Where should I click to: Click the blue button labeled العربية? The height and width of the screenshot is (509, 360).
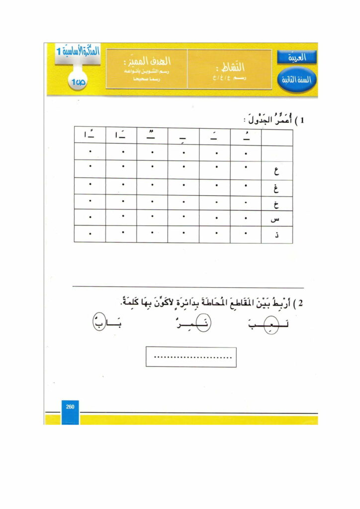point(297,57)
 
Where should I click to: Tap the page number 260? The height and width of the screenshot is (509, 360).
point(70,407)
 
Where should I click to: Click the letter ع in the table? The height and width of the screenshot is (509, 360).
point(277,172)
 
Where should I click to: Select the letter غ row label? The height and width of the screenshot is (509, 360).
point(277,188)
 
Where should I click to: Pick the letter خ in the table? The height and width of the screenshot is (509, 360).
point(277,205)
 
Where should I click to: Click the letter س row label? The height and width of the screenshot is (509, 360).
point(277,219)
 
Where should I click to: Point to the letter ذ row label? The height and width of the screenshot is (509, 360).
point(277,235)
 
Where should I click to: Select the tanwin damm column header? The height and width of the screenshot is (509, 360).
point(152,136)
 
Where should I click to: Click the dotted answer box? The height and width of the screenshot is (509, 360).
point(191,357)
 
